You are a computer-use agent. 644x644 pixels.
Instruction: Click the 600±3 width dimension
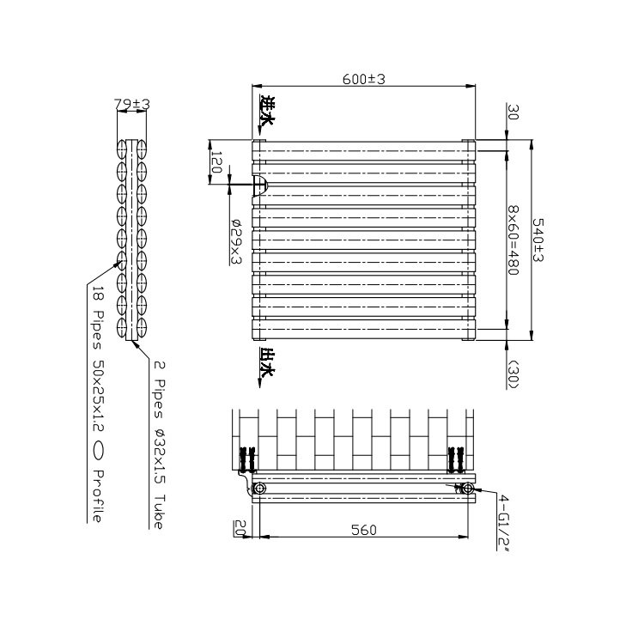364,79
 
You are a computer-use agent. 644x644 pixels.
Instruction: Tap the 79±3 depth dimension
132,104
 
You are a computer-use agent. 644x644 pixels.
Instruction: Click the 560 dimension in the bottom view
363,530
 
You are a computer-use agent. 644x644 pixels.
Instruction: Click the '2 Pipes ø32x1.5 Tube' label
158,445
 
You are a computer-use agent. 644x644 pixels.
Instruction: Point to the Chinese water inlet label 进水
267,112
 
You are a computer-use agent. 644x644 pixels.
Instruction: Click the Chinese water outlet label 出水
267,362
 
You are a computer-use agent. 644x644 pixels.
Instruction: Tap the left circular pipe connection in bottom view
260,489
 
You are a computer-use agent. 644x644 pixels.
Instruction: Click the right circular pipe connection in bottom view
468,489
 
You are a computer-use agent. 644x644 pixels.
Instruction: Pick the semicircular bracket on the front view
261,185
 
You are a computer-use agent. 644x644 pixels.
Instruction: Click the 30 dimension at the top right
513,112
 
